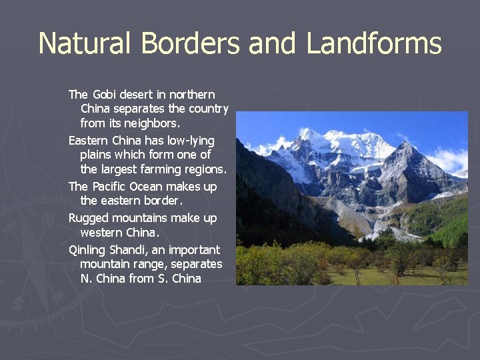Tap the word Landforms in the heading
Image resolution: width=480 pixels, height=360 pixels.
tap(373, 43)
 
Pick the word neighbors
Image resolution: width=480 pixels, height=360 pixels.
tap(152, 123)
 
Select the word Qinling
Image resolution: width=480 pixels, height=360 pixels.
tap(87, 250)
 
